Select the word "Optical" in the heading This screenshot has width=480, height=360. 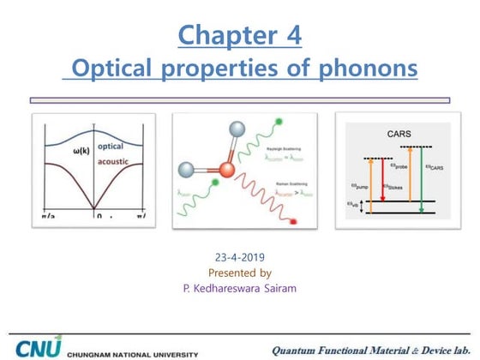[114, 68]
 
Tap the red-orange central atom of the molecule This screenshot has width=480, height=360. [225, 167]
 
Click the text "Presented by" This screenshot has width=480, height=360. [240, 273]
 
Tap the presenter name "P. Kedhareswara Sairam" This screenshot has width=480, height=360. [240, 290]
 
